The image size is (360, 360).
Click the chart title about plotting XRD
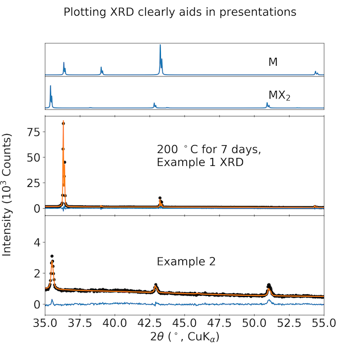pyautogui.click(x=180, y=12)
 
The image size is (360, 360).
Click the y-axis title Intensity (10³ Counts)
pyautogui.click(x=7, y=195)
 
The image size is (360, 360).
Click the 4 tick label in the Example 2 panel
pyautogui.click(x=37, y=242)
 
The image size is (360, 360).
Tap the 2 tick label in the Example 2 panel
pyautogui.click(x=37, y=273)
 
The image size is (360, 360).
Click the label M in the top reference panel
pyautogui.click(x=273, y=62)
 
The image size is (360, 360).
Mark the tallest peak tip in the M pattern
pyautogui.click(x=160, y=45)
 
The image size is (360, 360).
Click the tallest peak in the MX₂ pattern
pyautogui.click(x=51, y=86)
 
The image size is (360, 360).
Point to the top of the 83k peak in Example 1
pyautogui.click(x=64, y=123)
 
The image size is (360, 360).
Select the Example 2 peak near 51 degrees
pyautogui.click(x=269, y=285)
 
